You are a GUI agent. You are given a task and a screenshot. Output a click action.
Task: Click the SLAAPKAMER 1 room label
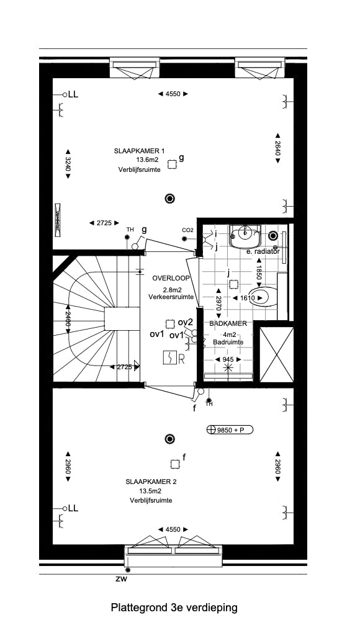(x=139, y=151)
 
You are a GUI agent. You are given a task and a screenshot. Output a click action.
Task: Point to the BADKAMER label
(x=228, y=324)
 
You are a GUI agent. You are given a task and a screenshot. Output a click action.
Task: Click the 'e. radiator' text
(x=263, y=252)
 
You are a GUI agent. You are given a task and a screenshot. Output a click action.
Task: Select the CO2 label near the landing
(x=188, y=231)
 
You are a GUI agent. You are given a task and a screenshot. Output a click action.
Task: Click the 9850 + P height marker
(x=230, y=429)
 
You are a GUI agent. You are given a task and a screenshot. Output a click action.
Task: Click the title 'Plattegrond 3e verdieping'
(x=174, y=608)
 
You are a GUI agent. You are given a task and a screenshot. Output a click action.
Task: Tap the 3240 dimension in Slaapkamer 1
(x=68, y=164)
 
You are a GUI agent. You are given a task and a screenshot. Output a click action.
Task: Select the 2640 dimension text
(x=277, y=149)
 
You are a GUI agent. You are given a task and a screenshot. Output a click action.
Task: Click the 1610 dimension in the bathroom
(x=246, y=298)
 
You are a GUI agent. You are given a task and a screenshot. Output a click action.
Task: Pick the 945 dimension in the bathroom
(x=228, y=359)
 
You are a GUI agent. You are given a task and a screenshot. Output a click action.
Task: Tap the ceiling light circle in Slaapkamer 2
(x=169, y=439)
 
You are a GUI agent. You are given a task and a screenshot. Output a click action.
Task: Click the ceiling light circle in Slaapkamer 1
(x=169, y=199)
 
